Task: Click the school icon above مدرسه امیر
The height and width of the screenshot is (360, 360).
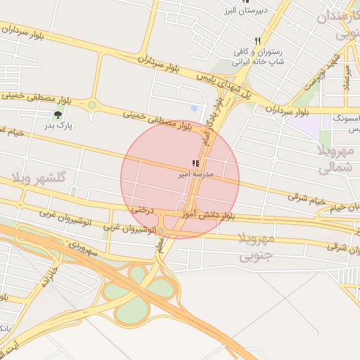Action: pyautogui.click(x=195, y=163)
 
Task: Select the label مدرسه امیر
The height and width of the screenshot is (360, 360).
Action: pyautogui.click(x=192, y=173)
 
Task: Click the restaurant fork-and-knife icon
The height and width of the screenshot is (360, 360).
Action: pyautogui.click(x=259, y=41)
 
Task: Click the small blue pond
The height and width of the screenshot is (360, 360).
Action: pyautogui.click(x=194, y=108)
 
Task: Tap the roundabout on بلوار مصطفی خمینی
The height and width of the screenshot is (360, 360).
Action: pyautogui.click(x=92, y=105)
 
